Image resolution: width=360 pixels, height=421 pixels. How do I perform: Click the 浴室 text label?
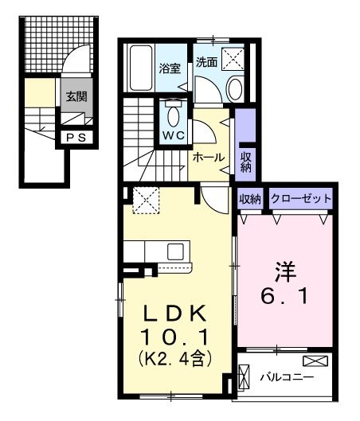click(x=170, y=68)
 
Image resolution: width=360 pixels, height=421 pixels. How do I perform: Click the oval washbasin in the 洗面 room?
click(x=235, y=88)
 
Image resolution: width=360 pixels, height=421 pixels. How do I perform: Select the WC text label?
click(x=174, y=135)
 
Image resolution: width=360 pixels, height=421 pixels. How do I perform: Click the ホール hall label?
click(x=209, y=157)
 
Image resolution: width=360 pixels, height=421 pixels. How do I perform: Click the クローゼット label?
click(x=301, y=198)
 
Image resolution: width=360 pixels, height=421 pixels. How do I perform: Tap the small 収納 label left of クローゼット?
click(x=249, y=198)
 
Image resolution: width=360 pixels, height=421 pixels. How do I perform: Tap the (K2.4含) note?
click(x=178, y=359)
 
